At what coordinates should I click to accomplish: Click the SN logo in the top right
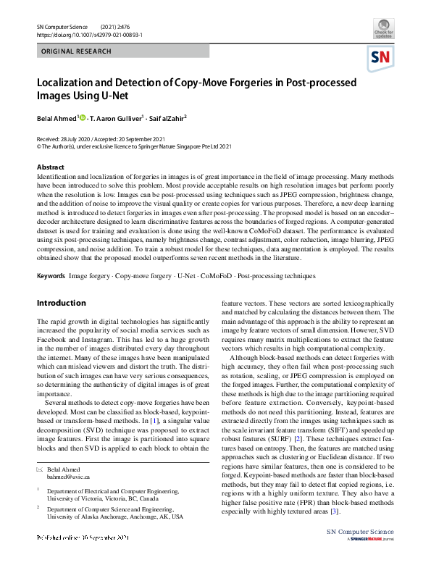point(381,58)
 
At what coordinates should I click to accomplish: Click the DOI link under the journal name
point(89,35)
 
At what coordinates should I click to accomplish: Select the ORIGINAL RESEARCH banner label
point(77,51)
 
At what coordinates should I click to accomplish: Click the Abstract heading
point(51,167)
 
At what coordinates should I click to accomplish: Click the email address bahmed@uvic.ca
point(67,477)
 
